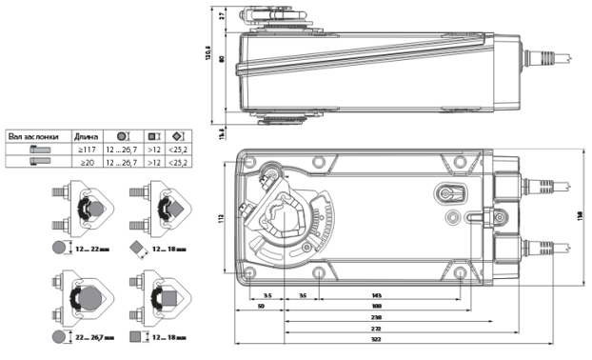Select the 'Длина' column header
click(86, 136)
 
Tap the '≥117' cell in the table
click(86, 149)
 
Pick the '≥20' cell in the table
click(86, 162)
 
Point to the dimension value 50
click(261, 307)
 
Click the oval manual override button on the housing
click(446, 194)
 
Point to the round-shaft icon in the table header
click(123, 136)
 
